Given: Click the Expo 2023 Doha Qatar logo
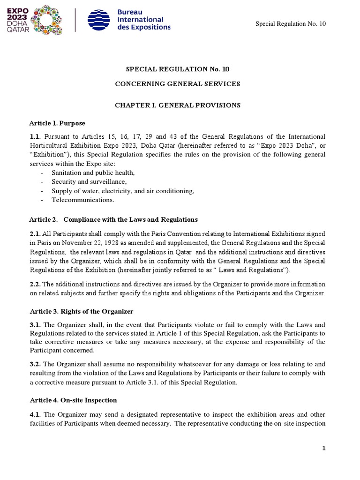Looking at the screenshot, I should (36, 19).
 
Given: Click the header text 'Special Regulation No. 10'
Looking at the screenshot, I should (290, 24).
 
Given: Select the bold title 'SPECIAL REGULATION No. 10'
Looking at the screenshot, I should (178, 69).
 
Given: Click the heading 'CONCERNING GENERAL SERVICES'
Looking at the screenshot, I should (178, 84).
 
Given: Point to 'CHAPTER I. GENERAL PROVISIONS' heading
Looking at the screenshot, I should (178, 105).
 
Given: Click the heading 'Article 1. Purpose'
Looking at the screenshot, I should (57, 123).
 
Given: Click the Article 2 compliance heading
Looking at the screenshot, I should (113, 220).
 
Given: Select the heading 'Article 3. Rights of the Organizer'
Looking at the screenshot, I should (81, 311).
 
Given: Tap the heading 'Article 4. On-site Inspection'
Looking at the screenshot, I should (73, 400).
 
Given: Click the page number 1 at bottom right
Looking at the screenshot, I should (323, 448).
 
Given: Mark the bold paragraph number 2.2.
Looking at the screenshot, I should (35, 285).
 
